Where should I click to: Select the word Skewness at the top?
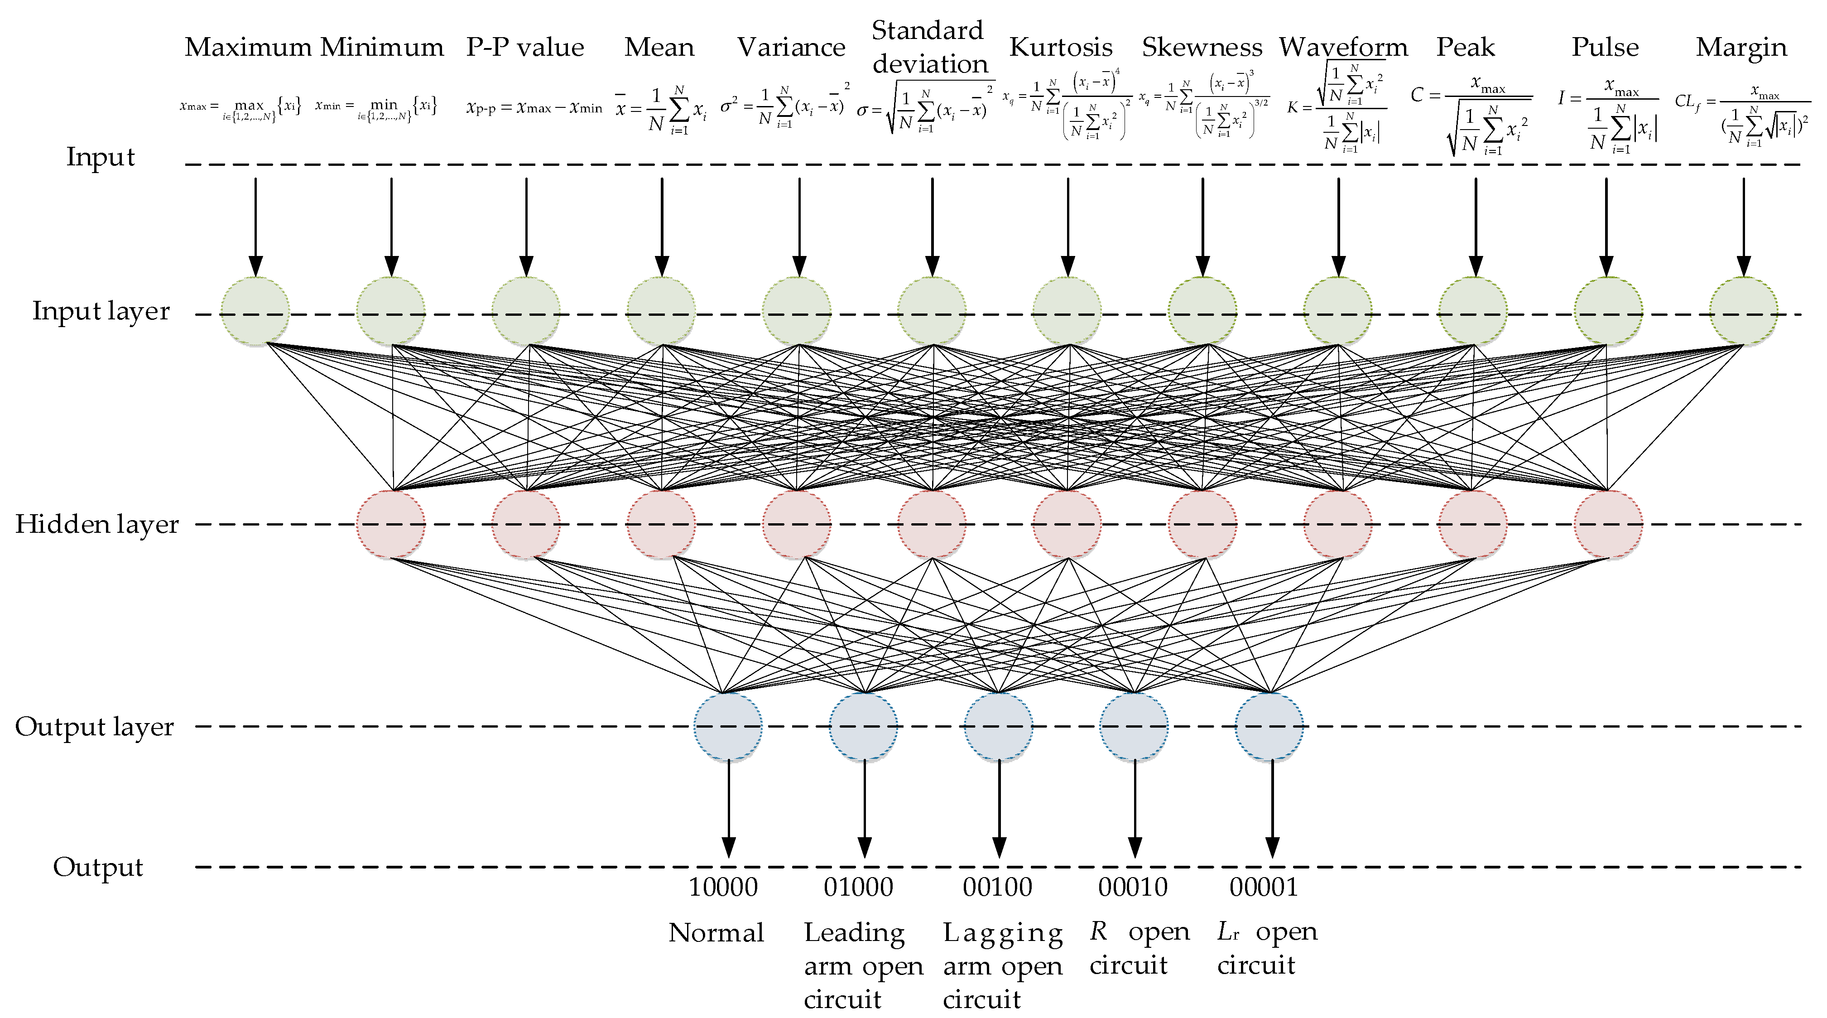(1202, 48)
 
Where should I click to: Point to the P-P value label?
(525, 48)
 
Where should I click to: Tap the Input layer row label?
(101, 311)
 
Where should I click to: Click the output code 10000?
(723, 887)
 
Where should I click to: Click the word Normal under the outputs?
(716, 933)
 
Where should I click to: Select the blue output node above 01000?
(863, 726)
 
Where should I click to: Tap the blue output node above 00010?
(1133, 726)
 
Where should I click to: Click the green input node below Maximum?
(255, 311)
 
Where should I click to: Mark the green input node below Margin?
(1743, 311)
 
